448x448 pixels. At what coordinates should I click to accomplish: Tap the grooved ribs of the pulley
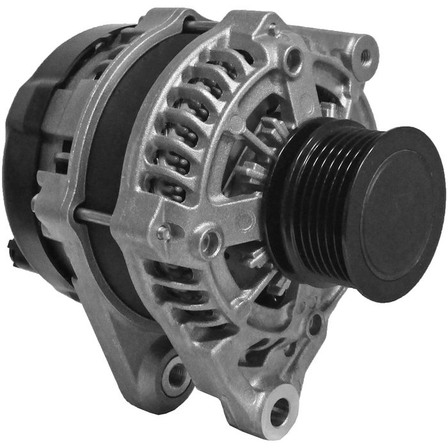coord(320,205)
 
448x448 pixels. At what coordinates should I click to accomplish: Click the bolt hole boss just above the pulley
coord(293,60)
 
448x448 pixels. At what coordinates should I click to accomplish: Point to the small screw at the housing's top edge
coord(273,29)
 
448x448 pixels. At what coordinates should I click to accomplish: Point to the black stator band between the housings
coord(122,128)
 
